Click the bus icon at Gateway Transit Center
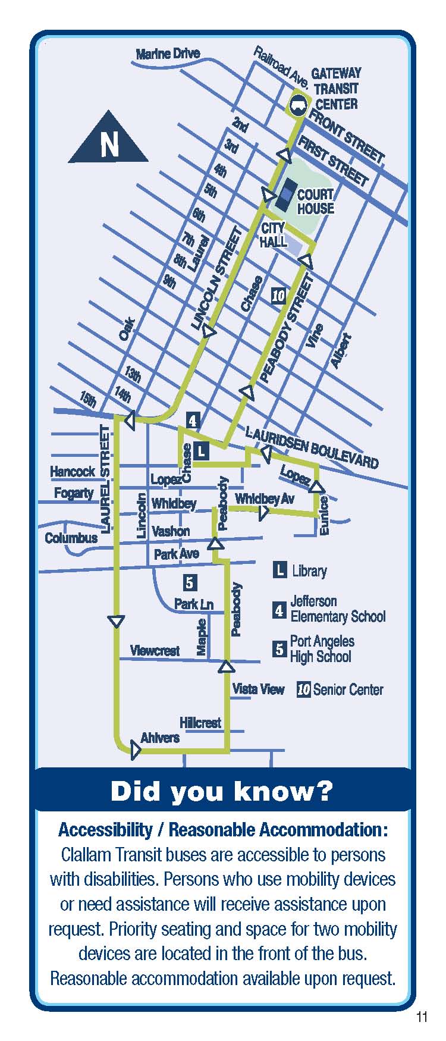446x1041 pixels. click(299, 105)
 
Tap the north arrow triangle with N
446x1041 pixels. click(108, 140)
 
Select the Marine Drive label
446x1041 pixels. click(168, 54)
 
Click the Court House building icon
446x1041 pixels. click(288, 191)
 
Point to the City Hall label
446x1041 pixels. click(273, 235)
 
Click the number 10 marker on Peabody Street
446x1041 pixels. click(278, 296)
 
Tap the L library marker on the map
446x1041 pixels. click(202, 451)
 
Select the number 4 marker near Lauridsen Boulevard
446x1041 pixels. click(192, 421)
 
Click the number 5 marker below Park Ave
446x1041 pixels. click(190, 582)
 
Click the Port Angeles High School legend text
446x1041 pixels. click(321, 649)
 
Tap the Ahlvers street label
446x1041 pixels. click(159, 738)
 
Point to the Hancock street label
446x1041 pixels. click(72, 472)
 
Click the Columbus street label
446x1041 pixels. click(71, 538)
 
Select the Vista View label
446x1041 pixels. click(258, 689)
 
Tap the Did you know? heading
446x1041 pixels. click(222, 791)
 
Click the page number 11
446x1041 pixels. click(422, 1017)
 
